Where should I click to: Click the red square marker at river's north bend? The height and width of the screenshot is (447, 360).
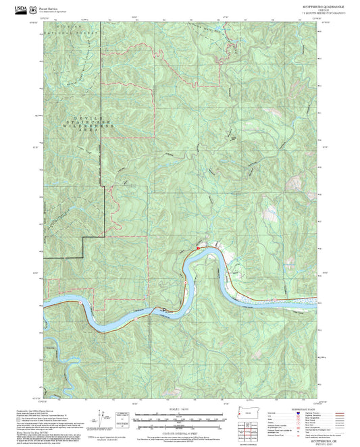point(198,248)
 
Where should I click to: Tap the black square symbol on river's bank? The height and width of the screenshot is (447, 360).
point(163,311)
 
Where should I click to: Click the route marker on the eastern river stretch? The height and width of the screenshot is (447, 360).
point(275,298)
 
